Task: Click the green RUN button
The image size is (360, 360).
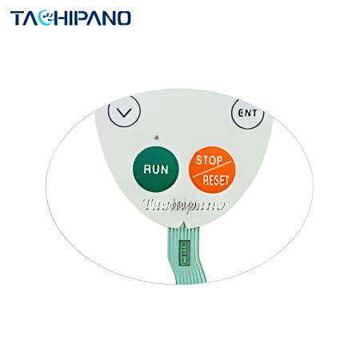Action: click(156, 170)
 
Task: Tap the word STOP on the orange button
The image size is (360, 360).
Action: click(209, 160)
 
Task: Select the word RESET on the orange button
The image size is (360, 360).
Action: click(216, 180)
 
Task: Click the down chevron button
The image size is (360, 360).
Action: click(124, 111)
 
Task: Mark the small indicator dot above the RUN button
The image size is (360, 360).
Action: click(157, 138)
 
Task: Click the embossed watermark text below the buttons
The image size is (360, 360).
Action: click(184, 205)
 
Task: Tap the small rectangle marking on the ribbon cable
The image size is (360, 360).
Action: click(185, 253)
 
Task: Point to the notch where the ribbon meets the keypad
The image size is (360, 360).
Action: click(183, 223)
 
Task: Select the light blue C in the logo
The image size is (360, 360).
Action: click(46, 18)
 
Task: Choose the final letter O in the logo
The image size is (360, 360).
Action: click(122, 18)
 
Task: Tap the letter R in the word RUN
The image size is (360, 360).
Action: click(147, 169)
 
